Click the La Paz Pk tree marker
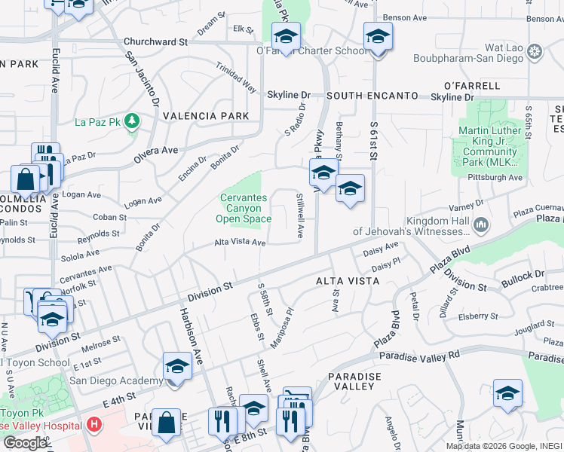coord(133,121)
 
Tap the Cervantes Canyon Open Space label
coord(243,209)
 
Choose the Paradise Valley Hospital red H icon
coord(93,424)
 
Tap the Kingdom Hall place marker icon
coord(480,224)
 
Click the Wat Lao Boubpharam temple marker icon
coord(535,52)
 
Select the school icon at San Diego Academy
coord(177,367)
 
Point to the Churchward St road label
coord(155,42)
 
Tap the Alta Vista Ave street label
coord(240,243)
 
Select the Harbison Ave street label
coord(191,331)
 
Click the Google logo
coord(25,442)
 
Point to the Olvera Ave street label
coord(155,151)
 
